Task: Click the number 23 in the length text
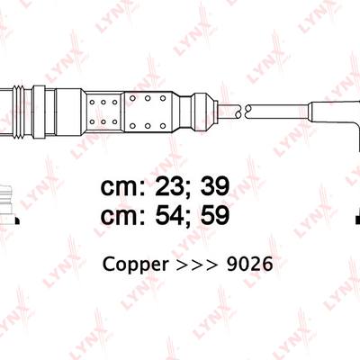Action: (169, 187)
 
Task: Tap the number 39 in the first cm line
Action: (215, 187)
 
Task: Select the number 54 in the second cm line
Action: (169, 215)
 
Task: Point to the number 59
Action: (215, 215)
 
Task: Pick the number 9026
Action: (249, 265)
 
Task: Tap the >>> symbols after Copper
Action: (197, 265)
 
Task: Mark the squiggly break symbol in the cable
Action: (243, 111)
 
